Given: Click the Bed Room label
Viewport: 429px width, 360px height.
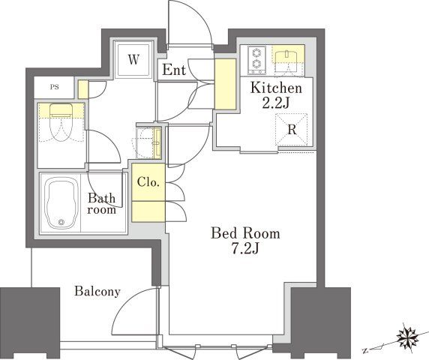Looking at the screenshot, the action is (x=245, y=233).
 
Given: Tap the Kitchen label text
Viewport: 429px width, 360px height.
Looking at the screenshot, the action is (x=276, y=88).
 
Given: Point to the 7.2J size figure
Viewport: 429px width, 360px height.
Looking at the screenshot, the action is (x=245, y=249).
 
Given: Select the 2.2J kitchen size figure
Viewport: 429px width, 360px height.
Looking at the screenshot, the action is (x=275, y=103).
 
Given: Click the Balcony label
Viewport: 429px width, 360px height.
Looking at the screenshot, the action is (x=97, y=292).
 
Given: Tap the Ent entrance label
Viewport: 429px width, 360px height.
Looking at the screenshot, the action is (x=174, y=70).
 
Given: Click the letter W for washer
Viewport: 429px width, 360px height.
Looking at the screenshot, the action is (x=133, y=59).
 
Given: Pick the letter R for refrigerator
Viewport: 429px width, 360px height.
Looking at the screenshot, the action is (x=292, y=130).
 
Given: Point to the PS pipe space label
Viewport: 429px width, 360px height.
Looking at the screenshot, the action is (x=54, y=87).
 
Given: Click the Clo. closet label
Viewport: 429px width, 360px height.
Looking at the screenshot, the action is (x=148, y=182).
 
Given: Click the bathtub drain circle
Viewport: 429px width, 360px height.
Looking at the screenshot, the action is (x=61, y=222).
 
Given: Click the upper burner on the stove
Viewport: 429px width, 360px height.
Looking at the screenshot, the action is (x=257, y=52).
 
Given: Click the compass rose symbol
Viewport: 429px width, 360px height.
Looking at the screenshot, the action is (x=408, y=335).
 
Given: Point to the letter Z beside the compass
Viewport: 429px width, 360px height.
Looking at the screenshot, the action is (x=364, y=350).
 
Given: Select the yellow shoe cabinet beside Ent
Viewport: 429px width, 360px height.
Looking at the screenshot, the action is (x=225, y=84).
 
